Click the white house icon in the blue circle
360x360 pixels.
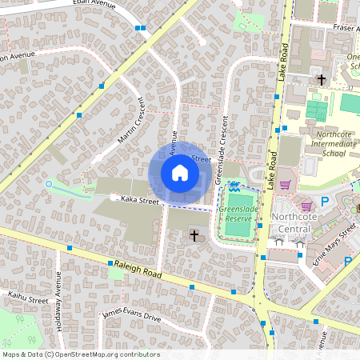pyautogui.click(x=180, y=173)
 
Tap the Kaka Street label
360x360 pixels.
pyautogui.click(x=140, y=202)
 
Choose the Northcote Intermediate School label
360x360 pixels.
pyautogui.click(x=323, y=143)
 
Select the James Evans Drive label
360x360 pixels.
pyautogui.click(x=131, y=317)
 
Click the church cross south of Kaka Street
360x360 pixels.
pyautogui.click(x=194, y=234)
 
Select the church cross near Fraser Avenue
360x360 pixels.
pyautogui.click(x=322, y=79)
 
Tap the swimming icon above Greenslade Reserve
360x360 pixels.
pyautogui.click(x=234, y=186)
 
